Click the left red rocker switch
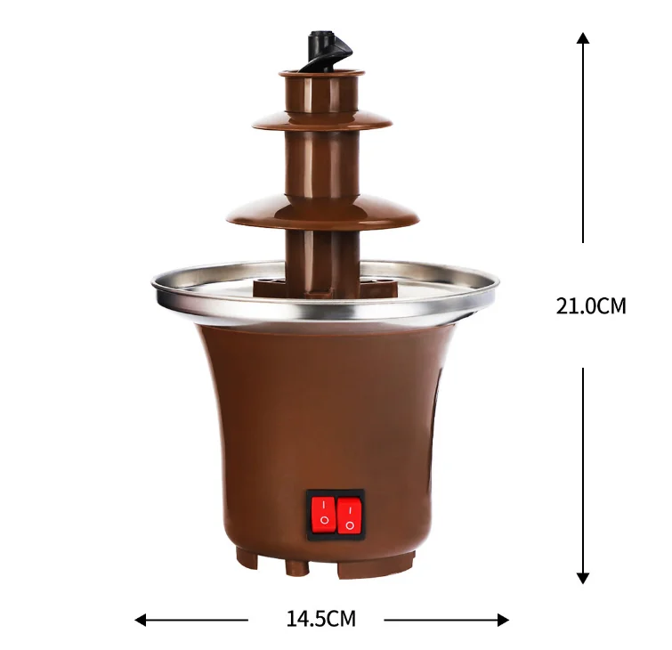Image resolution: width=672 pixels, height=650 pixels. coord(323,515)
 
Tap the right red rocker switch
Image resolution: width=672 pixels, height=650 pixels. coord(349,516)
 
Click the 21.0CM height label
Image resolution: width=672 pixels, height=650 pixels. coord(591,306)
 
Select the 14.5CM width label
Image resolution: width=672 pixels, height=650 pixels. coord(321,619)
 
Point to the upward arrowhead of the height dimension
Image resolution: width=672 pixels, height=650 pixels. coord(582,37)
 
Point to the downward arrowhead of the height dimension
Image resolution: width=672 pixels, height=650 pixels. coord(582,578)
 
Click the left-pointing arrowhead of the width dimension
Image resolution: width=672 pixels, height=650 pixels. coord(140,620)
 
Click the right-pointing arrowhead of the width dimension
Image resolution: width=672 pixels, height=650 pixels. coord(503,620)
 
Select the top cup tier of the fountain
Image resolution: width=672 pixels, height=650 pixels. coord(322,93)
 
